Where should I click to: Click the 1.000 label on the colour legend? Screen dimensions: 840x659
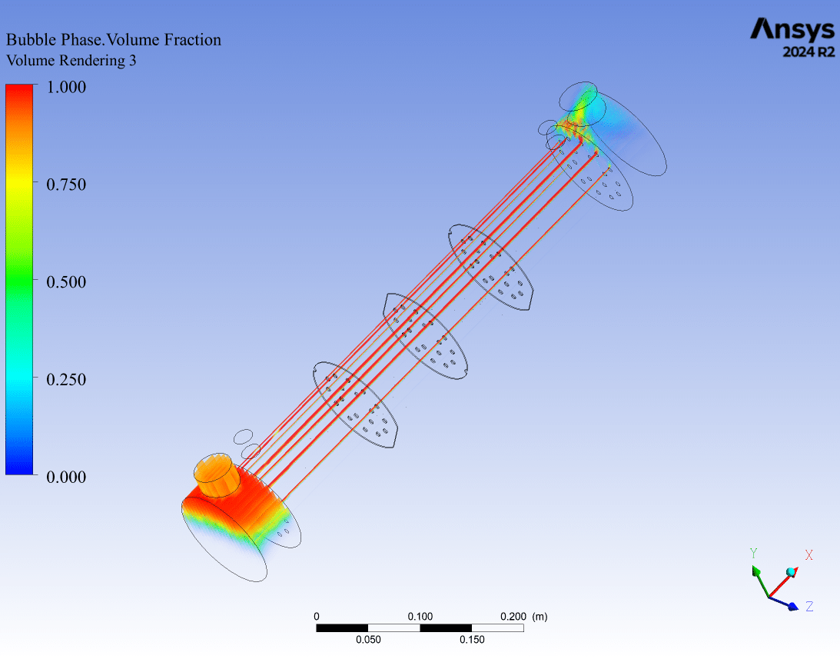(66, 87)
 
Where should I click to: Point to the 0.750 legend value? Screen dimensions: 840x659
(66, 185)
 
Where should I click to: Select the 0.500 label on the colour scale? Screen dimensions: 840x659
(66, 282)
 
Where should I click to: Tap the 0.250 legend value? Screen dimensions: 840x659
(66, 380)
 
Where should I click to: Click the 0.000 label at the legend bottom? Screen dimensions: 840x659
(66, 477)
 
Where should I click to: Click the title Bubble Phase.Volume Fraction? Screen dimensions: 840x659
(114, 40)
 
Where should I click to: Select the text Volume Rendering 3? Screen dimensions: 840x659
(71, 61)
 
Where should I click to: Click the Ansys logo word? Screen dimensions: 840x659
(792, 30)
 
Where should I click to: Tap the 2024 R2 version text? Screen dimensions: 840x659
(808, 52)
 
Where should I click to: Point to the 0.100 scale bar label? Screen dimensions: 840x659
(420, 617)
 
